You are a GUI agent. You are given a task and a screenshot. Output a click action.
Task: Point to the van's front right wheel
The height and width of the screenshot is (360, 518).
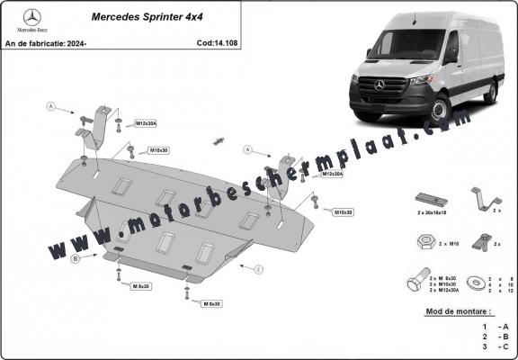[440, 110]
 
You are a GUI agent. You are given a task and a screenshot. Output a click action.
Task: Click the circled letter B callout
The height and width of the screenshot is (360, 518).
[76, 259]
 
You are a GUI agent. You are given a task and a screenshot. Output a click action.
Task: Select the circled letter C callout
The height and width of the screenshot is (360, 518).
[257, 269]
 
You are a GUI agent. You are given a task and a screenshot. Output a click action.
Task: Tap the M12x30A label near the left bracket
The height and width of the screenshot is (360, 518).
[146, 122]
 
